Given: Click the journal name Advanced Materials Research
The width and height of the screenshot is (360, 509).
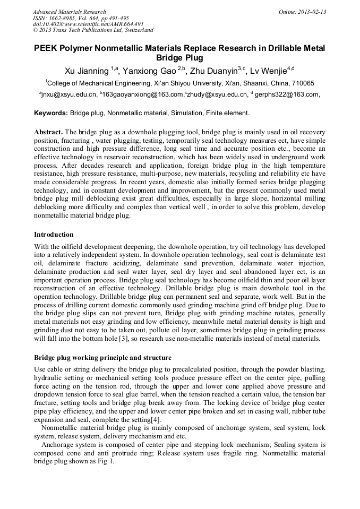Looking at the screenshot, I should pyautogui.click(x=69, y=12).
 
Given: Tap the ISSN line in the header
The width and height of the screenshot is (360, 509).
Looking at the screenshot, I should pyautogui.click(x=81, y=18).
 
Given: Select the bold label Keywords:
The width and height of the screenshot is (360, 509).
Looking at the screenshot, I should pyautogui.click(x=51, y=113).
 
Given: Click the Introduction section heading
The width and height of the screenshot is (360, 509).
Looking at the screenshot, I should pyautogui.click(x=54, y=235).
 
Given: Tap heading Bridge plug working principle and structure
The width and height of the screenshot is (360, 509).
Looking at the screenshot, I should pyautogui.click(x=102, y=357).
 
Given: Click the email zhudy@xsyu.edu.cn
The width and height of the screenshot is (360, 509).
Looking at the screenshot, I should pyautogui.click(x=218, y=95).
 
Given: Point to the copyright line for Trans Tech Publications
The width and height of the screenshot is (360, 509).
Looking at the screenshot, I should pyautogui.click(x=93, y=30).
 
